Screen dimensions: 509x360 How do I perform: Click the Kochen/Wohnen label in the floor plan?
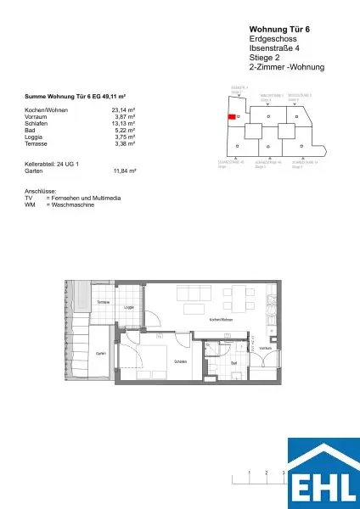pos(220,320)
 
